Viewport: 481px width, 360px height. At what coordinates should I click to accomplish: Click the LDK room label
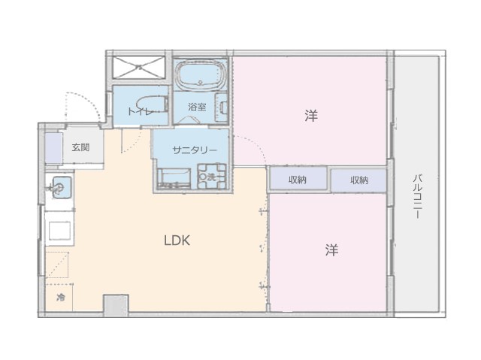(x=177, y=241)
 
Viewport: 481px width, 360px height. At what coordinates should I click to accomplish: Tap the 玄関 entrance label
(x=80, y=147)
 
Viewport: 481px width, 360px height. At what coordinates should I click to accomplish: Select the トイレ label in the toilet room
(x=140, y=111)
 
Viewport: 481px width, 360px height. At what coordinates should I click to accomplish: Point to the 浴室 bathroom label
(x=197, y=107)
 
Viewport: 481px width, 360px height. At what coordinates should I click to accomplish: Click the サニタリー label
(x=195, y=150)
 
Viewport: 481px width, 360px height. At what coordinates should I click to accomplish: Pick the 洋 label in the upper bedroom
(x=311, y=115)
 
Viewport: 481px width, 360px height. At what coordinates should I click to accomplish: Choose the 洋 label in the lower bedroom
(x=331, y=250)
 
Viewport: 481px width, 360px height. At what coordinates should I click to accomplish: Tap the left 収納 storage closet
(x=298, y=179)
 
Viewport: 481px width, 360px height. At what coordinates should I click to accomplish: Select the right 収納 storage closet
(x=358, y=180)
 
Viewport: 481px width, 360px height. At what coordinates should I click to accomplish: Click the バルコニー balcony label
(x=416, y=197)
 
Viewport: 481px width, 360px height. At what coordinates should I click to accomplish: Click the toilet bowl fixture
(x=152, y=104)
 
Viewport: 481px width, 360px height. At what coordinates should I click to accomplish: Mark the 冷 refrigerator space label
(x=61, y=297)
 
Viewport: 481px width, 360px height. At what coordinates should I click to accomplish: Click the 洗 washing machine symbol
(x=211, y=177)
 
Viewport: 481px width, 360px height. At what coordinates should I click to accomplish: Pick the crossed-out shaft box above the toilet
(x=139, y=67)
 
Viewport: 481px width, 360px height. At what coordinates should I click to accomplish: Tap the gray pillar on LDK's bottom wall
(x=116, y=306)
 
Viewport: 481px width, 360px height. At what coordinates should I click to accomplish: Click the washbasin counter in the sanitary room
(x=174, y=178)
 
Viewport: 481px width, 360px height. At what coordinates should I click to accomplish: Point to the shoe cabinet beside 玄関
(x=54, y=148)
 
